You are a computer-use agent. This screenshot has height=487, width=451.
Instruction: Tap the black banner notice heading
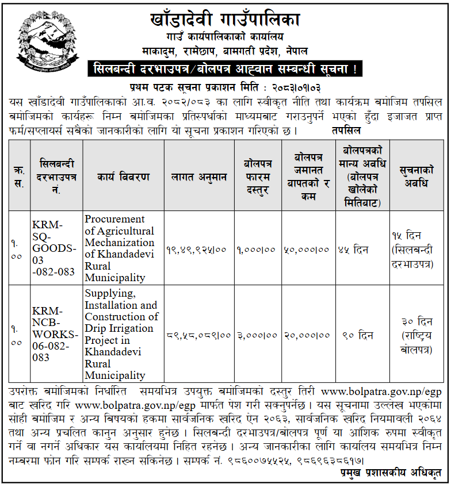(225, 70)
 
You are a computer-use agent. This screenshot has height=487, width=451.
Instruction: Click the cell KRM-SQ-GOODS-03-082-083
(54, 248)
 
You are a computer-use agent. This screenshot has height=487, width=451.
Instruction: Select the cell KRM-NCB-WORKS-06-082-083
(55, 334)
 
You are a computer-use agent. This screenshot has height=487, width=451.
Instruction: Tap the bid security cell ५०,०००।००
(306, 249)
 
